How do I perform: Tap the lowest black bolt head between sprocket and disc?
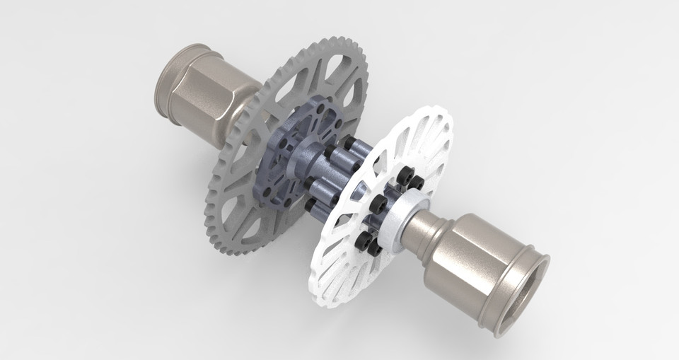click(x=311, y=205)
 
